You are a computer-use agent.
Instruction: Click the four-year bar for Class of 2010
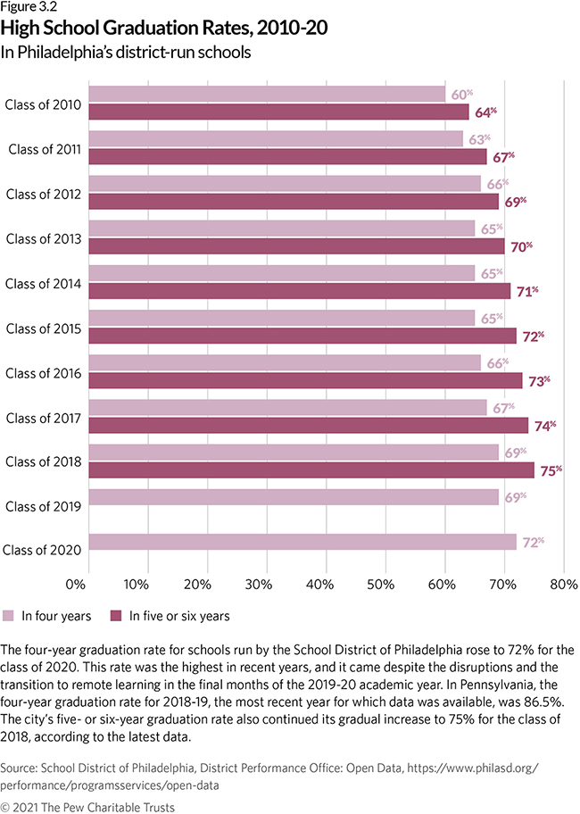coord(268,94)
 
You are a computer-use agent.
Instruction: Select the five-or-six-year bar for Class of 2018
coord(312,470)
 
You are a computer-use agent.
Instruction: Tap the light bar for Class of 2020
coord(303,541)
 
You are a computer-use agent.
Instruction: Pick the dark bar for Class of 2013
coord(299,246)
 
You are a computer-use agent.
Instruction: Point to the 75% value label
coord(552,470)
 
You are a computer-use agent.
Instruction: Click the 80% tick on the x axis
coord(563,586)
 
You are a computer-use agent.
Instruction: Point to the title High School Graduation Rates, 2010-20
coord(164,29)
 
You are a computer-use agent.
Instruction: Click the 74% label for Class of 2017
coord(546,426)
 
